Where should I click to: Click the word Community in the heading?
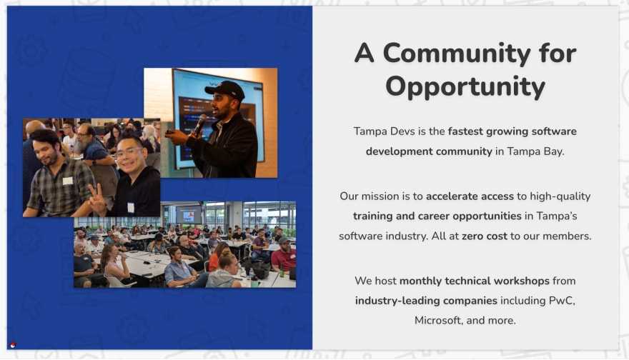pos(457,54)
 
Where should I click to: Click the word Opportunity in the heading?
pos(465,87)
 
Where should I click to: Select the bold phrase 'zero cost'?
pos(484,236)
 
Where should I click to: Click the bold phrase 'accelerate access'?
pos(470,196)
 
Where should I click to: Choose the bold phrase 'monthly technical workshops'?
pos(474,281)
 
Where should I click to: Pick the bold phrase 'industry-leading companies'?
pos(426,301)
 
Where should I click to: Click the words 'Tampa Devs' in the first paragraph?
pos(384,131)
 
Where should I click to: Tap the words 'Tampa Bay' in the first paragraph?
pos(535,151)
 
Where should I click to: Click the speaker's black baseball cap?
pos(225,89)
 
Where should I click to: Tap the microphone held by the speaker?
pos(199,124)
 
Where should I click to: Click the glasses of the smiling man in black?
pos(129,152)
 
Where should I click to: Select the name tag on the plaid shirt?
pos(68,181)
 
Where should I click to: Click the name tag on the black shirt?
pos(131,207)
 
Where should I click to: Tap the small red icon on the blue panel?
pos(13,345)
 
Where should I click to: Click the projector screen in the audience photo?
pos(189,214)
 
